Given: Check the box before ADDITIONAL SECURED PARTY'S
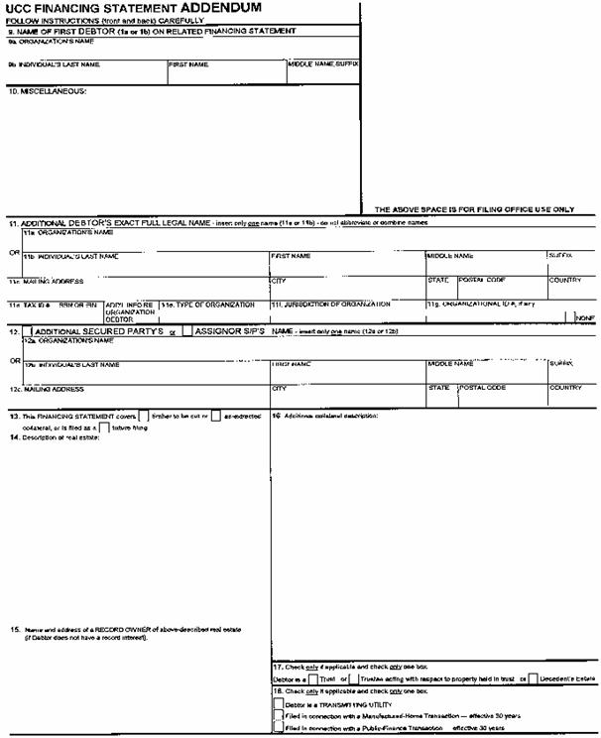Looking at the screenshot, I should click(27, 330).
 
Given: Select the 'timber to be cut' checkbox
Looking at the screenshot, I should click(145, 415).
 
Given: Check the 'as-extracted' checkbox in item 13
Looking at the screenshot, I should click(214, 415).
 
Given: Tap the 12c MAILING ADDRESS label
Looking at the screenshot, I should click(48, 388).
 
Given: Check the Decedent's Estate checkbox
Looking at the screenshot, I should click(534, 678).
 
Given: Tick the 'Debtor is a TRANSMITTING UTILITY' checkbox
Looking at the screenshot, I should click(277, 702).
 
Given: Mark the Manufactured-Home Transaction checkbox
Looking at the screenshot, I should click(277, 714).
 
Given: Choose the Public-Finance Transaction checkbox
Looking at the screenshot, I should click(277, 727).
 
